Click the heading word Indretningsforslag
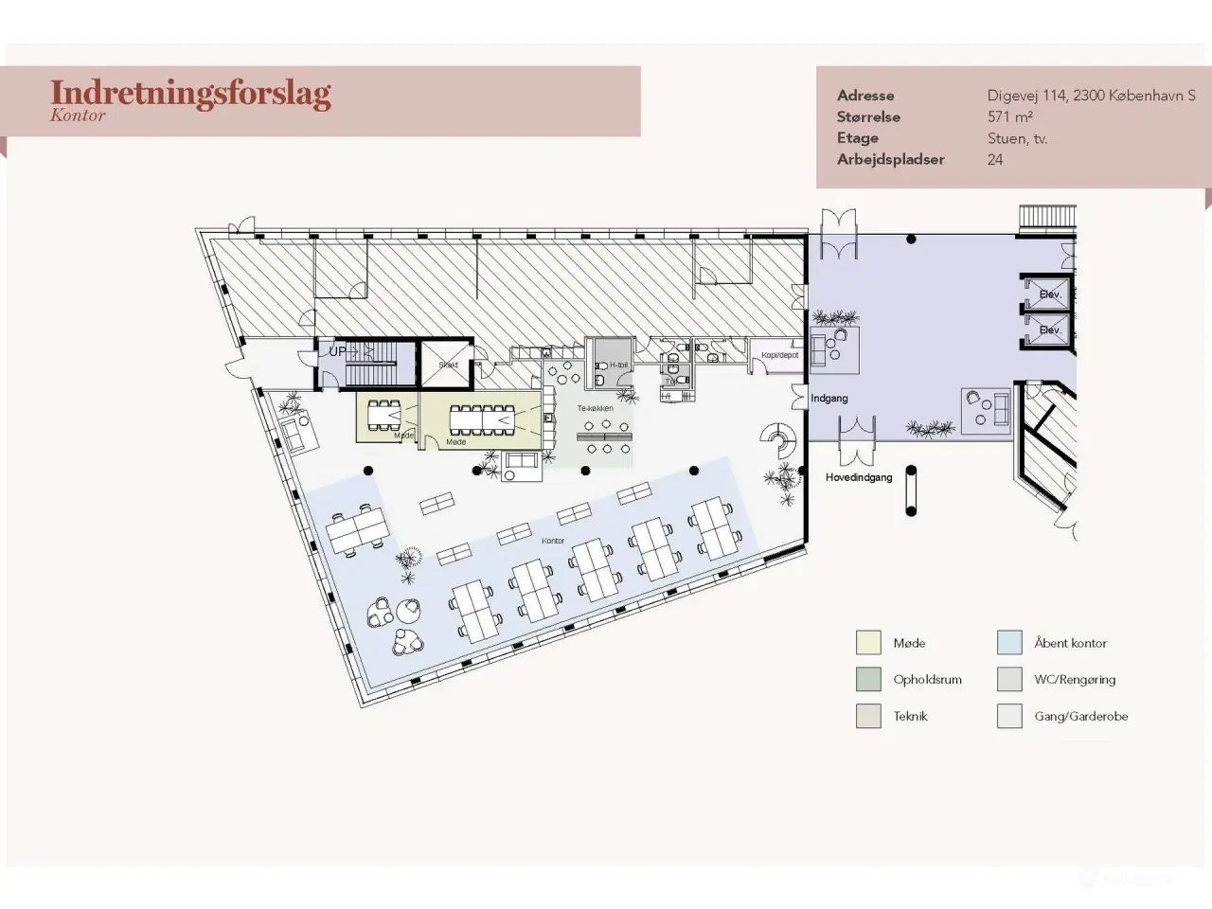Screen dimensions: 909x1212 [x=190, y=93]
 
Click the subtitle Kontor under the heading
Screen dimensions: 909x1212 [x=78, y=116]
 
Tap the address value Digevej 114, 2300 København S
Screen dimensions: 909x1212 [x=1091, y=96]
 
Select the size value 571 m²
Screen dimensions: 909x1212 [x=1009, y=117]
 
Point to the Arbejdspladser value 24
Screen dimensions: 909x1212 [x=995, y=160]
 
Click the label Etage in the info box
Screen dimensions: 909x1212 [x=858, y=138]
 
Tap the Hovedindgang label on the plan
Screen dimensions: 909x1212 [x=859, y=478]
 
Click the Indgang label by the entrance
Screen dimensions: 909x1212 [x=829, y=399]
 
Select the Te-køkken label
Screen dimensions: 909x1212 [x=596, y=409]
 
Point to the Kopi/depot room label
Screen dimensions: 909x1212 [x=780, y=355]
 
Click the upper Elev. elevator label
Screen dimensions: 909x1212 [x=1049, y=294]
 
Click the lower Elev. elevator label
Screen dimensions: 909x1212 [x=1049, y=330]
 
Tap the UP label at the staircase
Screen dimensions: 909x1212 [x=337, y=351]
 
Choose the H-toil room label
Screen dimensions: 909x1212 [x=618, y=365]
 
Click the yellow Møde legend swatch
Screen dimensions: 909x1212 [x=868, y=643]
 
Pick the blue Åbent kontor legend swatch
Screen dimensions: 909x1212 [x=1009, y=643]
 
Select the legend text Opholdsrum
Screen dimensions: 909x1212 [x=927, y=680]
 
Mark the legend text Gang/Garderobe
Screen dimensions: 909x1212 [x=1080, y=717]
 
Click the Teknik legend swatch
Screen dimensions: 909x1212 [x=868, y=717]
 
